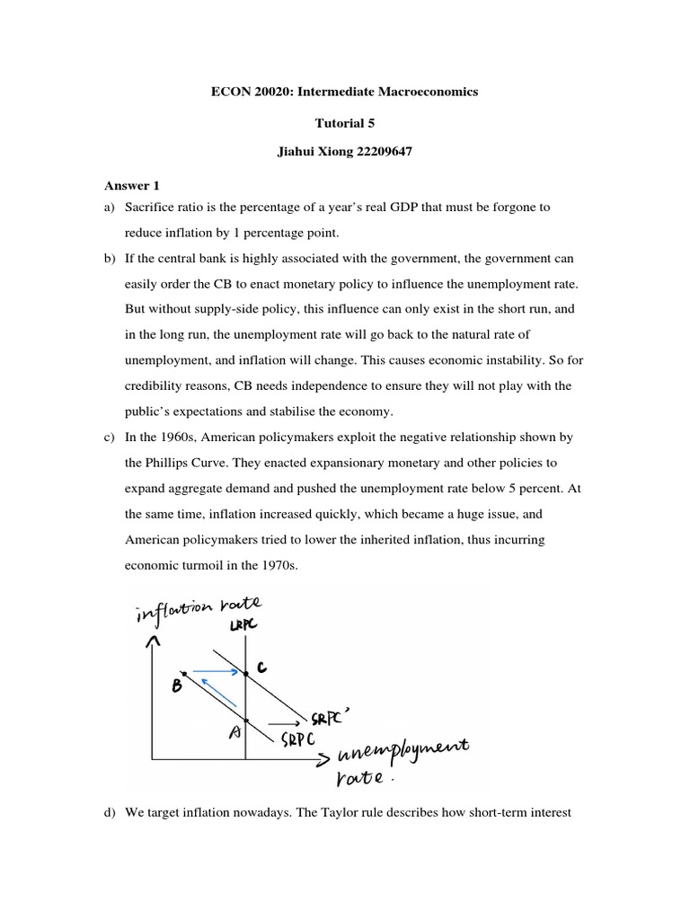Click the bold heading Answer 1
[x=128, y=186]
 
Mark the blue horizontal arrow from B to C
[x=216, y=670]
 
